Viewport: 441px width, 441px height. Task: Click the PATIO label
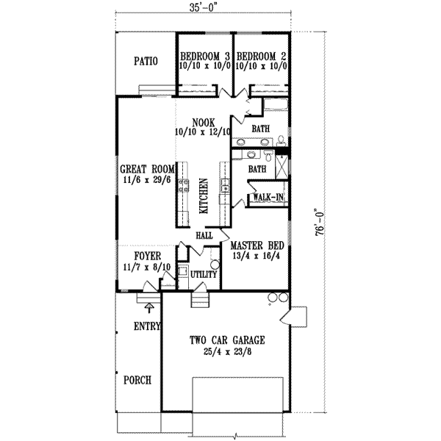click(x=146, y=62)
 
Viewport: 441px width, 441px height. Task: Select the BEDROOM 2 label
click(x=261, y=56)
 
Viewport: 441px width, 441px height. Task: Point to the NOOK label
click(x=202, y=122)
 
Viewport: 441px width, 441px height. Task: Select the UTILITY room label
click(x=204, y=274)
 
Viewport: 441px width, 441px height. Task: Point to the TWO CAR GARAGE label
click(x=226, y=340)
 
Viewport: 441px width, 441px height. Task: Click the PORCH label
click(x=137, y=380)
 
